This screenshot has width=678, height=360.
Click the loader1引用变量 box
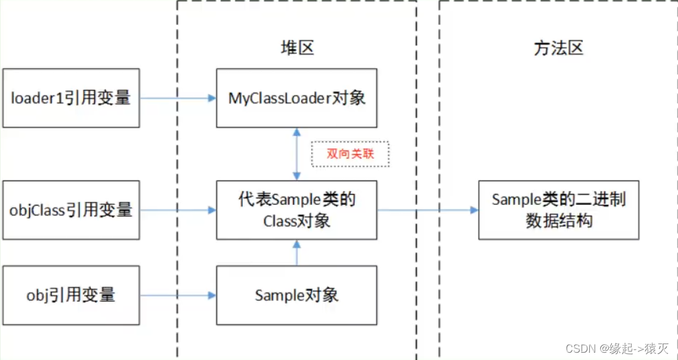click(x=71, y=98)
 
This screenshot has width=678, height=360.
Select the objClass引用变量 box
click(x=71, y=210)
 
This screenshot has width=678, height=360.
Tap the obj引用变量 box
click(x=71, y=295)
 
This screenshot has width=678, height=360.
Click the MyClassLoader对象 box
click(x=296, y=98)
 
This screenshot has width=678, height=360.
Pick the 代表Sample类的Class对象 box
click(x=296, y=210)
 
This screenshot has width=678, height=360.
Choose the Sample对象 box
click(x=296, y=295)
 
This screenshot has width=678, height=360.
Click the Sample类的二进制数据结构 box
click(x=558, y=210)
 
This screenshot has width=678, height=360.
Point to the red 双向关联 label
click(x=350, y=154)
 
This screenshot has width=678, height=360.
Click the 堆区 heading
click(x=297, y=48)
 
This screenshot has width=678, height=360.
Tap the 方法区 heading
click(x=558, y=48)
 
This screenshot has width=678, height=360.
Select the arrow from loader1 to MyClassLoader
click(x=178, y=98)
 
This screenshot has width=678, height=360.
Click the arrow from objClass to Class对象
click(x=178, y=210)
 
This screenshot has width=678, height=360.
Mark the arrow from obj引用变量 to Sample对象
click(x=178, y=295)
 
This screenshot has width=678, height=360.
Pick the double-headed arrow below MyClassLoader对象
click(x=296, y=154)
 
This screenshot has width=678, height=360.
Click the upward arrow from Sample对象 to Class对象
click(x=296, y=252)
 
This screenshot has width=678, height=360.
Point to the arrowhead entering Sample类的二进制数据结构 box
click(x=474, y=210)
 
